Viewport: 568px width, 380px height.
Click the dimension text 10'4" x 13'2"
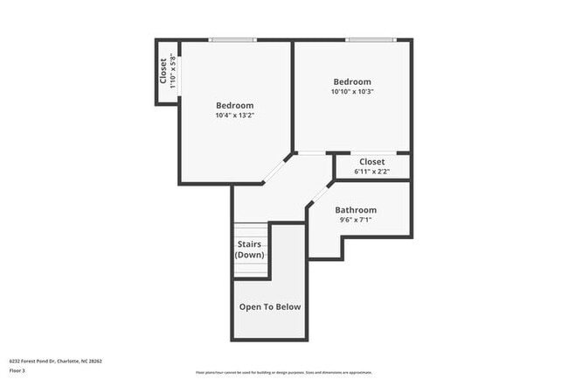click(x=234, y=116)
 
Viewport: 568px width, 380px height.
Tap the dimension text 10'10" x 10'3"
click(x=351, y=92)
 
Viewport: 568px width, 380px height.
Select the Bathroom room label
click(x=356, y=210)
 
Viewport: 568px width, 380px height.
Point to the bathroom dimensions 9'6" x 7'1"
click(x=356, y=221)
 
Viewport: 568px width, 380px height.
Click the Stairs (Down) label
click(x=250, y=250)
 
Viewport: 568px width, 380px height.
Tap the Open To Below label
click(x=270, y=307)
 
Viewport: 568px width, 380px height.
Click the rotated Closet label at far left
click(x=163, y=71)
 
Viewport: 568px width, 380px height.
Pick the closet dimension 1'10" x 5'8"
click(x=173, y=71)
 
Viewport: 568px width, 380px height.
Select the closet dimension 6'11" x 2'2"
click(x=371, y=172)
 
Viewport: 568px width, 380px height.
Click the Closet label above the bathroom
click(x=371, y=162)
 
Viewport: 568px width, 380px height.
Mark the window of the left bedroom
click(x=232, y=39)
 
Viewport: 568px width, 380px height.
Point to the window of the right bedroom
click(x=371, y=39)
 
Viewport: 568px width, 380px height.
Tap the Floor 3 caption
click(x=17, y=370)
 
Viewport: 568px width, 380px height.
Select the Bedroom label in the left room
click(x=234, y=106)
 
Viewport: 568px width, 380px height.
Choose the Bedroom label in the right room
click(x=351, y=82)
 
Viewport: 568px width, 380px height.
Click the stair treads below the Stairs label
click(x=250, y=268)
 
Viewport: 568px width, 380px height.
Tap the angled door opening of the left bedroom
click(x=278, y=168)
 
